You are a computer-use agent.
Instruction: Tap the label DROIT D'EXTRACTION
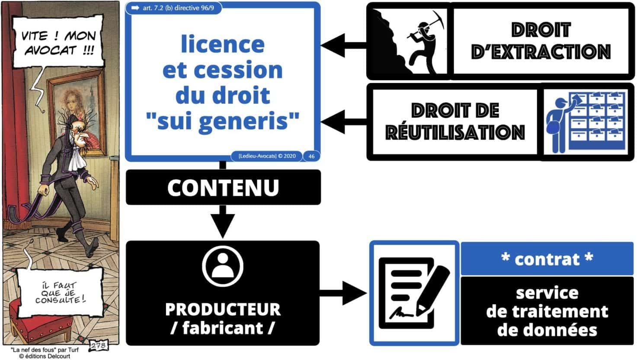[x=541, y=41]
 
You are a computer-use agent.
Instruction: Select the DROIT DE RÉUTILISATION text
[x=455, y=121]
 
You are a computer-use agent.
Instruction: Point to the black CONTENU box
[x=223, y=187]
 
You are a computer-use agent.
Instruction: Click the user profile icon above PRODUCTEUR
[x=223, y=266]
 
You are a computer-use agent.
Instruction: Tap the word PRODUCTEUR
[x=223, y=309]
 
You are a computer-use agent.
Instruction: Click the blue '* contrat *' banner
[x=547, y=259]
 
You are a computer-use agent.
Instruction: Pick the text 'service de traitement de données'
[x=547, y=311]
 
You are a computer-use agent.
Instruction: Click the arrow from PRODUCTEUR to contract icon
[x=344, y=294]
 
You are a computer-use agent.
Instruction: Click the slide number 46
[x=311, y=156]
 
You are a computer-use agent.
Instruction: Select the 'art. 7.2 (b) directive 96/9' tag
[x=173, y=8]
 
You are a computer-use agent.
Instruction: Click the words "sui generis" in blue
[x=223, y=121]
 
